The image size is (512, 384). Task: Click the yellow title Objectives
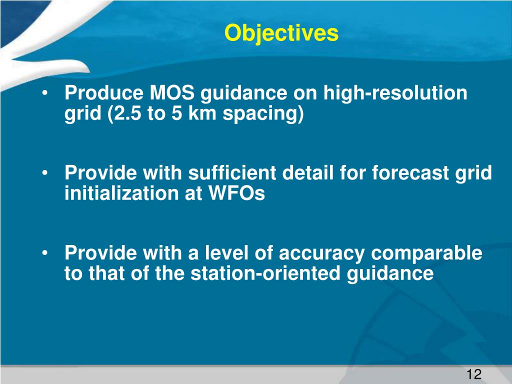tap(281, 33)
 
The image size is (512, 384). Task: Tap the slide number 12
tap(474, 374)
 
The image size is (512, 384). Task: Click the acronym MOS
tap(172, 92)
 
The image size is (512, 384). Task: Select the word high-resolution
tap(395, 92)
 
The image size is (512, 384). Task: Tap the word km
tap(202, 113)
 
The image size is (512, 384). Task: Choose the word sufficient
tap(232, 172)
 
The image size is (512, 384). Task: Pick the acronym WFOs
tap(236, 193)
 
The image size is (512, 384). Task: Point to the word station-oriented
tap(265, 273)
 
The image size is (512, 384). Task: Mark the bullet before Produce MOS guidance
tap(45, 93)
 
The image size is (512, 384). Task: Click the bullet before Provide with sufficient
tap(45, 173)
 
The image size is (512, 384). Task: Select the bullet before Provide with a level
tap(45, 253)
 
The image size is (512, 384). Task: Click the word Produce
tap(104, 92)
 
